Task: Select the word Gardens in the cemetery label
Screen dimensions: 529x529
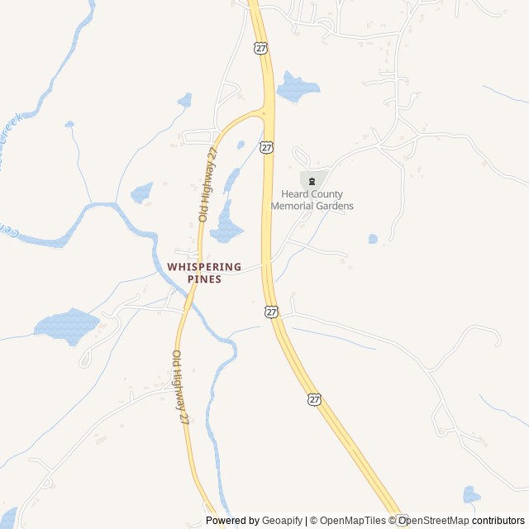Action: [336, 206]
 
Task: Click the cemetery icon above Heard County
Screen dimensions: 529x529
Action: [312, 181]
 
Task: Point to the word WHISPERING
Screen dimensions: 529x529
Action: [204, 267]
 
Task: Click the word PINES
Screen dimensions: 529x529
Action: [204, 279]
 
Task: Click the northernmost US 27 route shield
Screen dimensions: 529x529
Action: [261, 49]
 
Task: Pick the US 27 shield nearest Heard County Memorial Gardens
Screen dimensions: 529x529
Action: [266, 147]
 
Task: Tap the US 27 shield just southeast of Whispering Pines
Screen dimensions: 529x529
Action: [272, 311]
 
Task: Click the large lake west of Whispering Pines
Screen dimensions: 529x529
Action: [66, 324]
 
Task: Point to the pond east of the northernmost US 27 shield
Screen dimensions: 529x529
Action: [296, 87]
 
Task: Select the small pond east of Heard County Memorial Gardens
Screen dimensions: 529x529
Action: [373, 239]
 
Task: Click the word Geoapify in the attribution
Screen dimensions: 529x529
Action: [283, 521]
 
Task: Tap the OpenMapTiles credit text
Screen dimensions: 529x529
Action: [352, 521]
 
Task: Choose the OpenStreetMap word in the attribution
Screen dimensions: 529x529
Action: [434, 521]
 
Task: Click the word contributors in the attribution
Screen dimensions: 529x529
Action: [499, 521]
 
